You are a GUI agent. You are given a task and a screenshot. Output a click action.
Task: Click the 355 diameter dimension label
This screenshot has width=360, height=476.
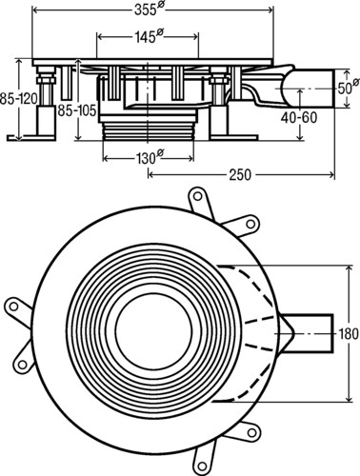(149, 10)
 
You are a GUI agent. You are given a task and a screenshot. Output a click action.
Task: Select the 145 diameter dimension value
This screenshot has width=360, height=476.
(149, 36)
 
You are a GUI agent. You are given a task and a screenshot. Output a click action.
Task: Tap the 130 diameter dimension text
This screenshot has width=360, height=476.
(150, 157)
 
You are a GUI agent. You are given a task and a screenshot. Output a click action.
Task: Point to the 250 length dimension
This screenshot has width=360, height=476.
(240, 174)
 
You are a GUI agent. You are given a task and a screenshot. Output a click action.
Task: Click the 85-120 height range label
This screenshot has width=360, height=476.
(17, 99)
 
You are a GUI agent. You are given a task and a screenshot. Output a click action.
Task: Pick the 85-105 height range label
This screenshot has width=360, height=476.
(77, 110)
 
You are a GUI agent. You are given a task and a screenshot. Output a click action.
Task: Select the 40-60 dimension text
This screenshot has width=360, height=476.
(298, 117)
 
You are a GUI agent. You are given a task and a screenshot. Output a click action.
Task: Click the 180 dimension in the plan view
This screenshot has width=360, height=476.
(349, 334)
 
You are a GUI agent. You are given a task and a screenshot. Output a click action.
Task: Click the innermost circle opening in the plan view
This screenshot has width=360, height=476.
(153, 330)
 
